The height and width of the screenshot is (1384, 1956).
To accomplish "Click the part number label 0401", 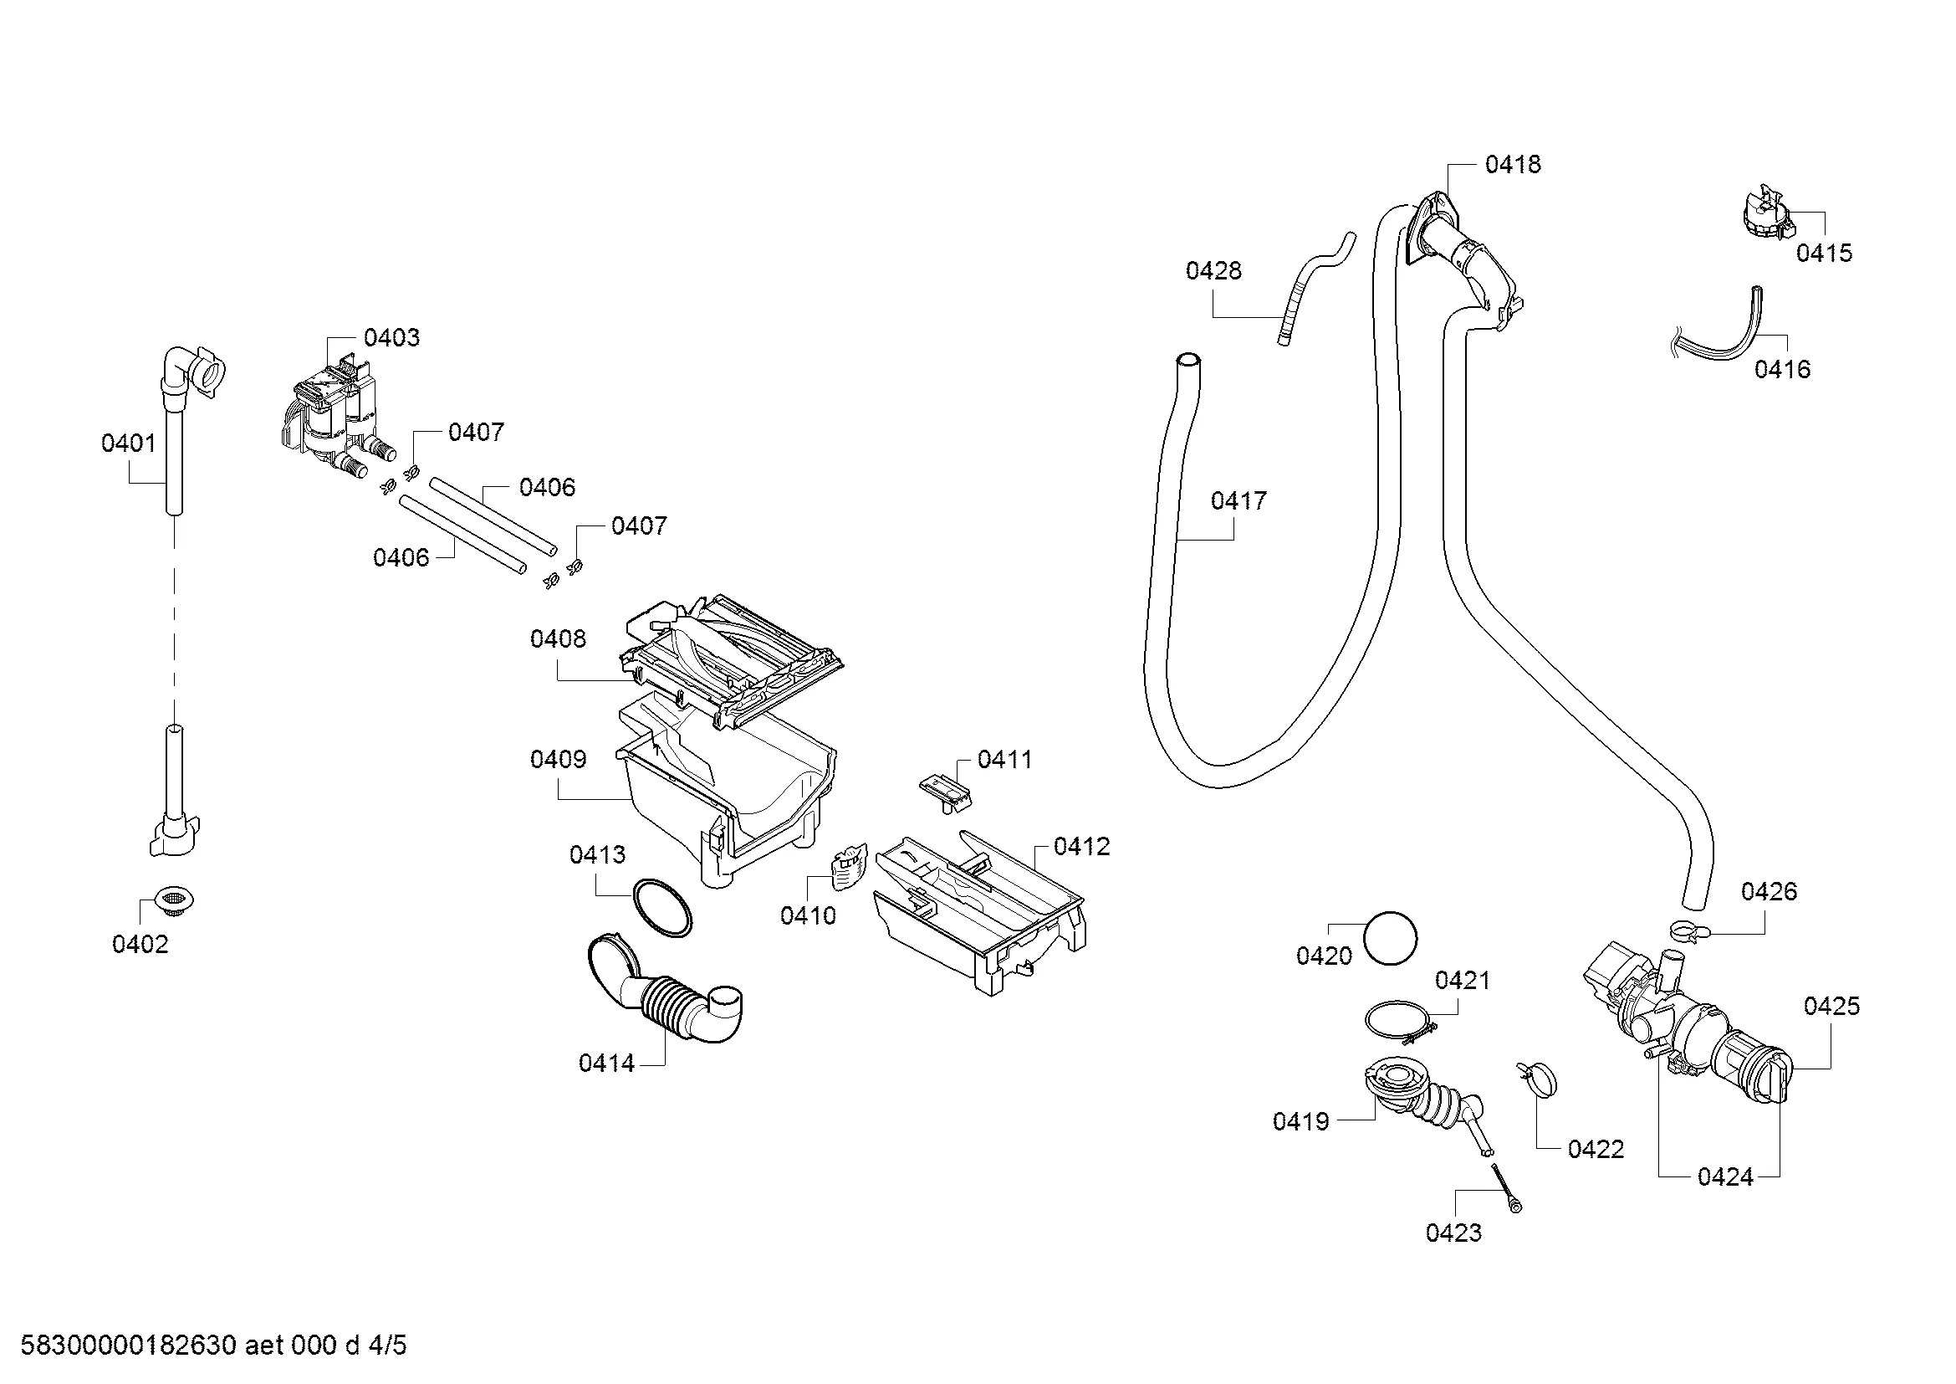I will coord(129,443).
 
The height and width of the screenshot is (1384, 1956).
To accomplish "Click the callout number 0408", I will coord(558,638).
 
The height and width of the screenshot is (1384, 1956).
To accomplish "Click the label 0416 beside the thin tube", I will coord(1782,369).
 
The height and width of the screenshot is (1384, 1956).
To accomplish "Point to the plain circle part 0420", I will coord(1391,938).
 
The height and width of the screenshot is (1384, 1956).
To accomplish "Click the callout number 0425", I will coord(1831,1006).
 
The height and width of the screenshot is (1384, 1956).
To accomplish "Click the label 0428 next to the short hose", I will coord(1214,270).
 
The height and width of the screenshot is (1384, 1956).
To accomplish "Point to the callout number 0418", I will coord(1513,165).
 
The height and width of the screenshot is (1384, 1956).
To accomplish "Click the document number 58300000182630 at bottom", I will coord(128,1345).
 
